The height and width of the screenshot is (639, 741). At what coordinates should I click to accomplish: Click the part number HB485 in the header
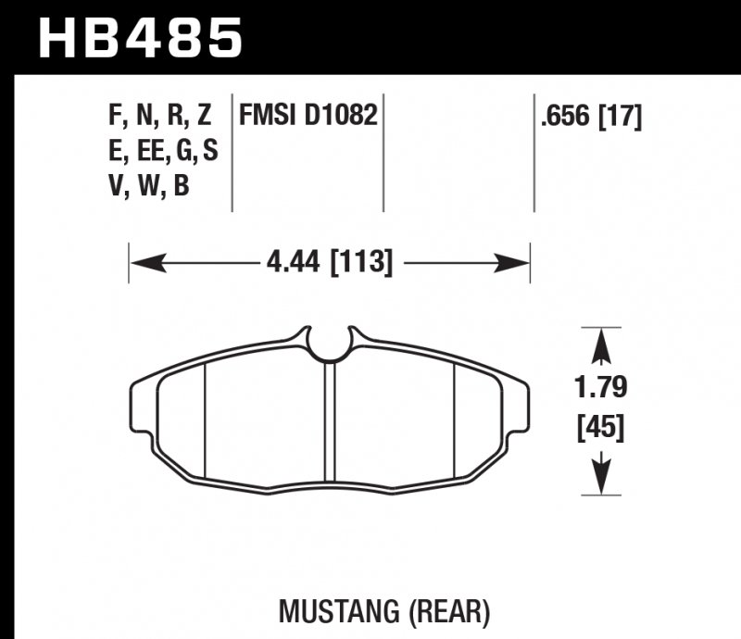[140, 38]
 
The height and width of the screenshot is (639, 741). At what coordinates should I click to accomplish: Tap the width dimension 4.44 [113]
[330, 264]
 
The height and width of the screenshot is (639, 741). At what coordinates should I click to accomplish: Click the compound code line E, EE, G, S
[163, 151]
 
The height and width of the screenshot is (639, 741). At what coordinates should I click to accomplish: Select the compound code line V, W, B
[149, 186]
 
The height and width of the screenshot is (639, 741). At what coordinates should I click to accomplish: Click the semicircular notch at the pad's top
[329, 344]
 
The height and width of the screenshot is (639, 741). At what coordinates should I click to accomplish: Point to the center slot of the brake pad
[328, 421]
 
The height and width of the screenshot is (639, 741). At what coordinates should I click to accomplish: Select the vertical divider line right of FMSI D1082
[384, 153]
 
